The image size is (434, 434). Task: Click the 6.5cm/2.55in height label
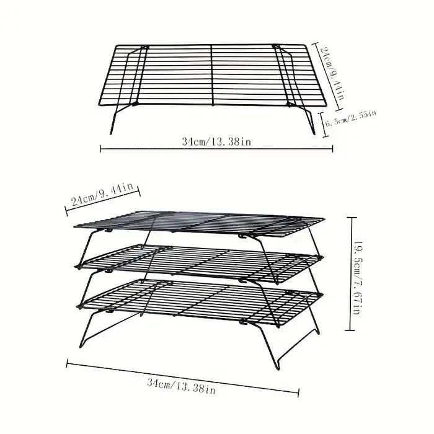pos(351,118)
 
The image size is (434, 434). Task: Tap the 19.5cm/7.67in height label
pos(359,278)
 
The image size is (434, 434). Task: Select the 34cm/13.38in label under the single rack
pos(217,142)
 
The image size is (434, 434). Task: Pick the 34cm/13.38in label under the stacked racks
pos(181,386)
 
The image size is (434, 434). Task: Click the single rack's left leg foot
pos(111,132)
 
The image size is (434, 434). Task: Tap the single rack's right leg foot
pos(314,132)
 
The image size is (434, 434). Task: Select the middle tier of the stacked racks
pos(199,263)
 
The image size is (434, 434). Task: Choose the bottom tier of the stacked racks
pos(199,302)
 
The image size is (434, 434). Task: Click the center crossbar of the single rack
pos(212,75)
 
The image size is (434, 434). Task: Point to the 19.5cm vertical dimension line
pos(351,274)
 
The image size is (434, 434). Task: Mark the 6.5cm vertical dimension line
pos(325,124)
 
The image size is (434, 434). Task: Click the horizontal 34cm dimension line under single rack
pos(216,149)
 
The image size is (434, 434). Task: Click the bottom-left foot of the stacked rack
pos(81,346)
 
